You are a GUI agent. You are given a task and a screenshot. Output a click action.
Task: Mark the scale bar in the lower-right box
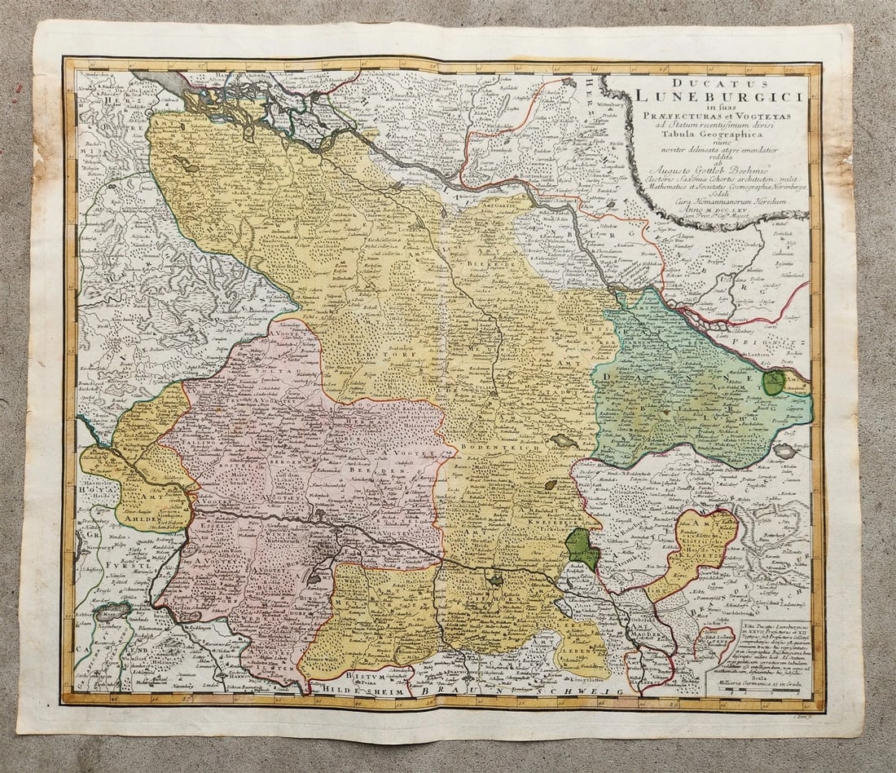tap(758, 689)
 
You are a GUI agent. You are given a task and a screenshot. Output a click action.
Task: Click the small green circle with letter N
tap(773, 382)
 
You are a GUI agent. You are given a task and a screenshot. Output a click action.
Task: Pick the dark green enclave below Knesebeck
tap(582, 549)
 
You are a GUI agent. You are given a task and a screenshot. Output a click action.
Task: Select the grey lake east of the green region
tap(785, 450)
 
